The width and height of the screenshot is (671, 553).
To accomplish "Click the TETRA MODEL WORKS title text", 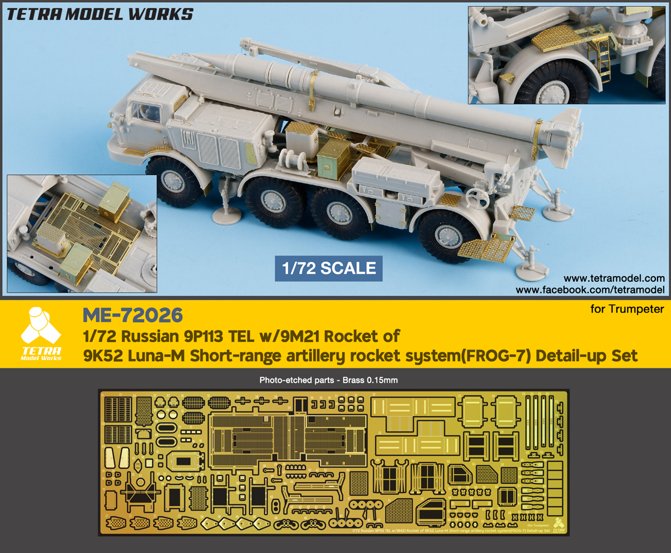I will pos(100,14).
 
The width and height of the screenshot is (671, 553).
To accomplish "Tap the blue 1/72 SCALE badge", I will pos(329,268).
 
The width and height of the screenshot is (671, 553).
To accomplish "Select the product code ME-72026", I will pos(133,315).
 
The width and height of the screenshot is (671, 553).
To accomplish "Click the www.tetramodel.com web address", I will pos(613,278).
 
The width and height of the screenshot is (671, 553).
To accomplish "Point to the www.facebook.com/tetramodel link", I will pos(589,290).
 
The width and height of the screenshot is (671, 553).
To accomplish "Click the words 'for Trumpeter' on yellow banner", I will pos(627,309).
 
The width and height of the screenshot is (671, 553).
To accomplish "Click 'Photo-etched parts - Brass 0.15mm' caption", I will pos(328,380).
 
